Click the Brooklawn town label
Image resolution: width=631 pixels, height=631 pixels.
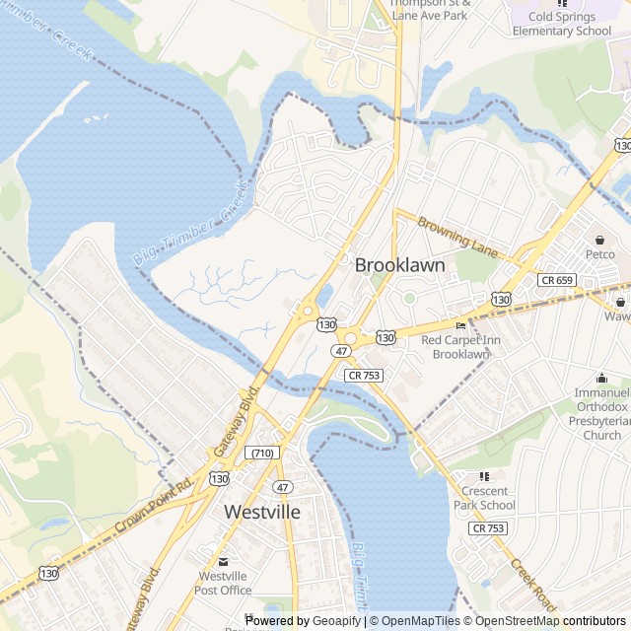(x=399, y=265)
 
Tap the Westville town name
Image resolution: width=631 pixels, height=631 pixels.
(x=262, y=512)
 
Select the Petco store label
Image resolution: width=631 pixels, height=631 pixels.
(x=600, y=254)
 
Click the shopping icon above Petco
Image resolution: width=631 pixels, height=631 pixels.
(x=600, y=239)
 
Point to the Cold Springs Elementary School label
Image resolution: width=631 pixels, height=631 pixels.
(x=562, y=24)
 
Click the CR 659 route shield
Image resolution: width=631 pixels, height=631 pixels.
(x=557, y=280)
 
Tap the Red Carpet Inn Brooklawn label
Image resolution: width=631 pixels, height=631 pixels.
(x=461, y=347)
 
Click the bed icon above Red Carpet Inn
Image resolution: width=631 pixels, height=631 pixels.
(x=460, y=326)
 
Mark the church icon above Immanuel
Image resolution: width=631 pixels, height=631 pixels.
(x=601, y=378)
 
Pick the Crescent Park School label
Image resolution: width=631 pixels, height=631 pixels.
(x=484, y=498)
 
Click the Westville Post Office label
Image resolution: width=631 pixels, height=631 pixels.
(x=224, y=583)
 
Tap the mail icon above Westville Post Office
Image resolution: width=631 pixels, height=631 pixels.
(x=224, y=561)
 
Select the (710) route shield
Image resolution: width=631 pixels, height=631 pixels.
(x=262, y=453)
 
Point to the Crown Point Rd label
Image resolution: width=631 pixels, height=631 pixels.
(x=155, y=502)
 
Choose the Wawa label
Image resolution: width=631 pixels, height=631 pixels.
(x=619, y=317)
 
